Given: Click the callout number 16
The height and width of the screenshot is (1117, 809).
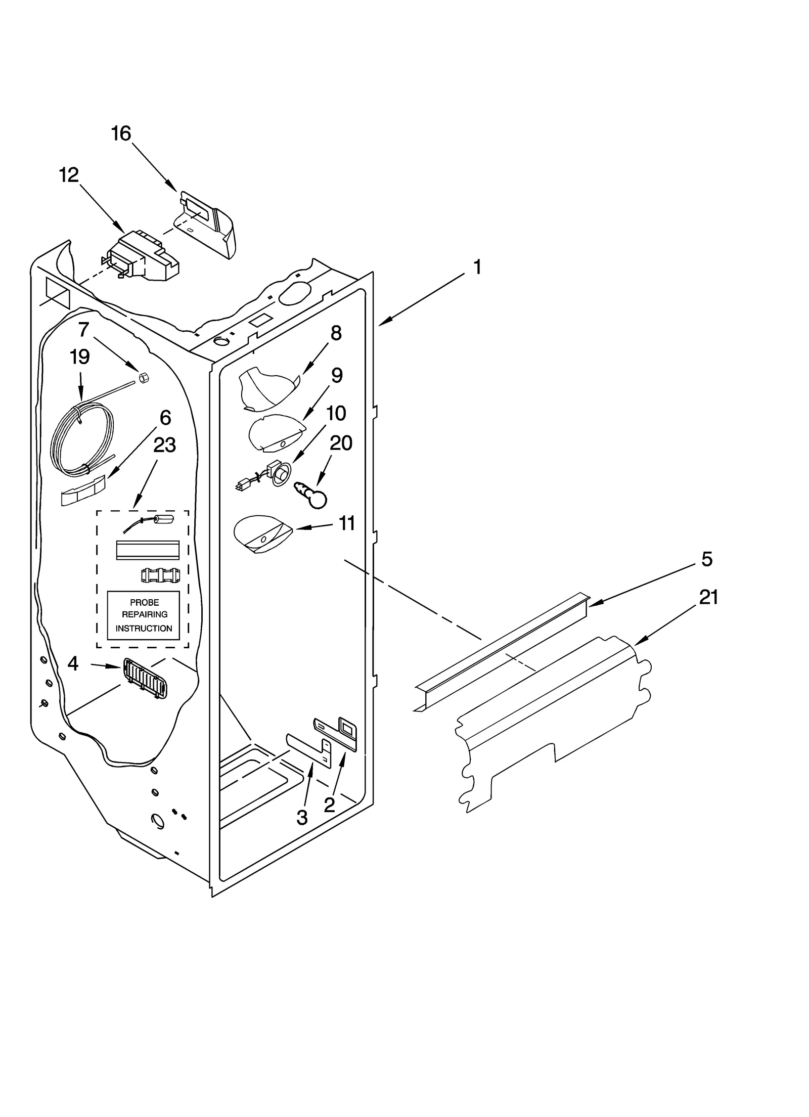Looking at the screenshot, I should point(121,134).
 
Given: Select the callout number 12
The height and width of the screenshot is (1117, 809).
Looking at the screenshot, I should point(69,175).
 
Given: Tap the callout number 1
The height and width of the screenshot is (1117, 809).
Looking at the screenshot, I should point(477,267).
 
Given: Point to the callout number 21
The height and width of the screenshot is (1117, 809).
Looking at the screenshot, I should point(708,597).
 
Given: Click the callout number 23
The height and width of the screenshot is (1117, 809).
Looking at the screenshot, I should point(165,445).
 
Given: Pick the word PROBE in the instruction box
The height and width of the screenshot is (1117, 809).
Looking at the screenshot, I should point(144,602).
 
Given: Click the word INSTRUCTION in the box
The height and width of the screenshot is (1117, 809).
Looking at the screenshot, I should point(144,629).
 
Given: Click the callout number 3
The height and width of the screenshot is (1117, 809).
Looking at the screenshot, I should point(302,818).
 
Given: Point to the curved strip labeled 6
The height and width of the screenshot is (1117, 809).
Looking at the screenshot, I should point(84,490).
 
